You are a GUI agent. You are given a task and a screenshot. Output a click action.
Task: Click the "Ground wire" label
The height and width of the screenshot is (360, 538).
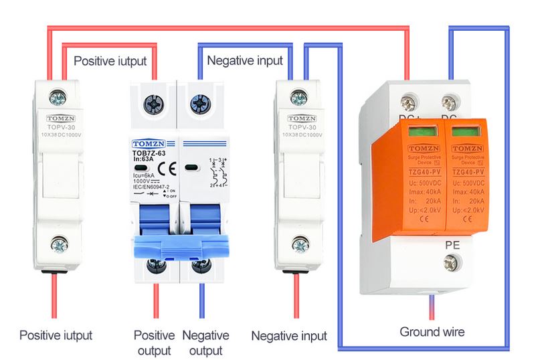coord(432,332)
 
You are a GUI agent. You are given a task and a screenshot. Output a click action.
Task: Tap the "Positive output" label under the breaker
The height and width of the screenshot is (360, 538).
coord(154,343)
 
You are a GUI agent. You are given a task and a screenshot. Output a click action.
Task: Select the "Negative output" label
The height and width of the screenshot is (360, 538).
coord(205,343)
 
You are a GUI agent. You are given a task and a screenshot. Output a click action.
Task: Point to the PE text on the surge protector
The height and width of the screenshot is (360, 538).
coord(452,246)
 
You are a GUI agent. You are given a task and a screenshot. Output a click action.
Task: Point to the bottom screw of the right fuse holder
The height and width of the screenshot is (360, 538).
coord(300,245)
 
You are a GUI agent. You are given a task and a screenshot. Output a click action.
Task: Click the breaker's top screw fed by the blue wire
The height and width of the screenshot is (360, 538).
coord(199,104)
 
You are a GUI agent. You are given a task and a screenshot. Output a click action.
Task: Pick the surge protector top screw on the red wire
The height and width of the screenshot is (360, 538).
coord(408,103)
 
